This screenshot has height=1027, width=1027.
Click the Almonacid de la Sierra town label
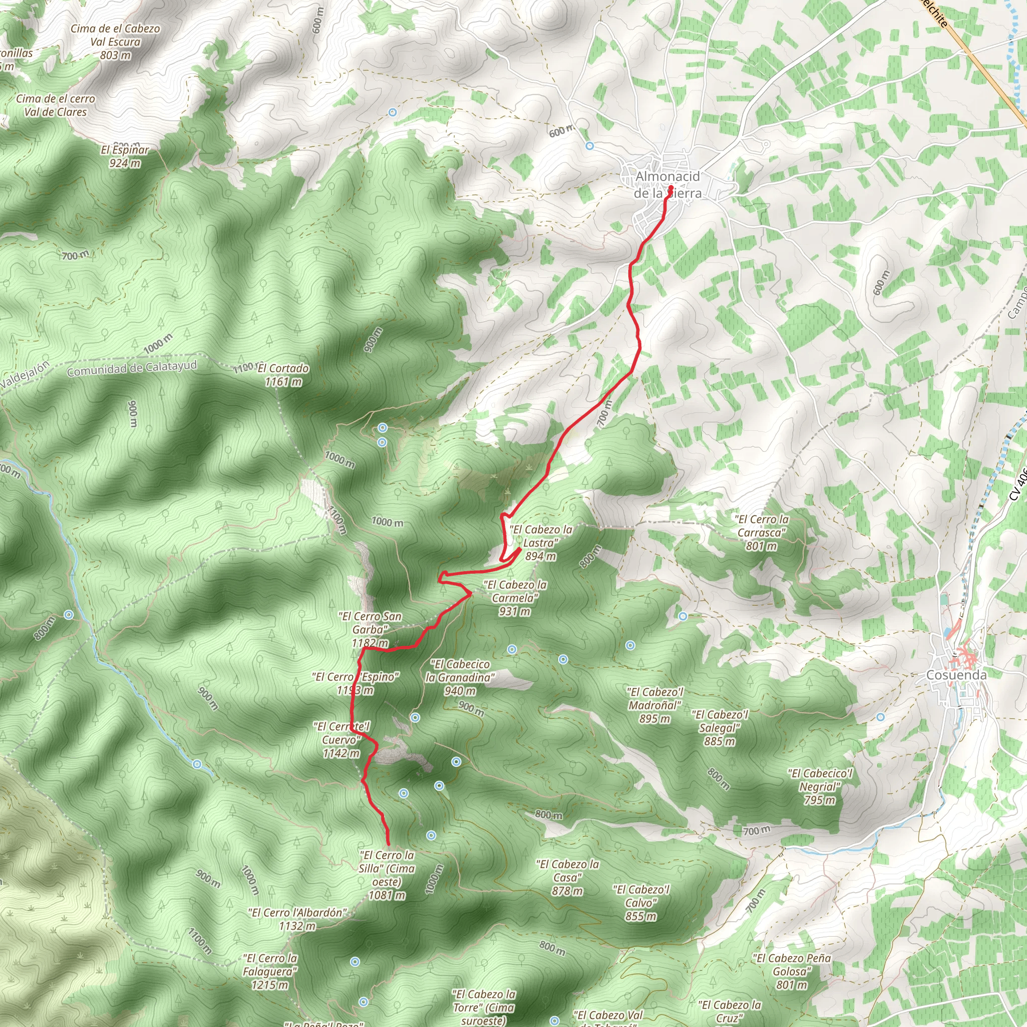667,185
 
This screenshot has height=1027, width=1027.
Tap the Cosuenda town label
956,674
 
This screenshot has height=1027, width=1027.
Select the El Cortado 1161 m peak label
283,375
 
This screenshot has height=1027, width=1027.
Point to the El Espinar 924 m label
125,156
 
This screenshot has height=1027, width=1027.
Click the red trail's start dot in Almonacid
671,188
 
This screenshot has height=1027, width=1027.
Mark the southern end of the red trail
389,844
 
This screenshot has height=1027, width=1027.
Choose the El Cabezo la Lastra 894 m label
541,543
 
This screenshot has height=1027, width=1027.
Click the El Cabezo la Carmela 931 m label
515,597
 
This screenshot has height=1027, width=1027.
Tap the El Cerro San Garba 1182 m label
370,629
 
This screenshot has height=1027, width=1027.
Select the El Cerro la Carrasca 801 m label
761,532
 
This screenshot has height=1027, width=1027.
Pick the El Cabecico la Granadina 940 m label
460,677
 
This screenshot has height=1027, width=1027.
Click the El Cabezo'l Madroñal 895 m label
655,705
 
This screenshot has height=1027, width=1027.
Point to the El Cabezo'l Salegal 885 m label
720,728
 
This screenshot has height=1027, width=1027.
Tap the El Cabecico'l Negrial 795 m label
820,786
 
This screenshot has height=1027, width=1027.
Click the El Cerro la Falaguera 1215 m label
270,971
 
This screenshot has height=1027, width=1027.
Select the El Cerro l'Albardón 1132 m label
297,919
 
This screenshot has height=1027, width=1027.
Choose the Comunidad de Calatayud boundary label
132,368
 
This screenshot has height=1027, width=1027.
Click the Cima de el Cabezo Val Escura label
115,42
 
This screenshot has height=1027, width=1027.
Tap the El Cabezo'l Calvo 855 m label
640,903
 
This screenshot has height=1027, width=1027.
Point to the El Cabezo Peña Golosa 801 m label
791,971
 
